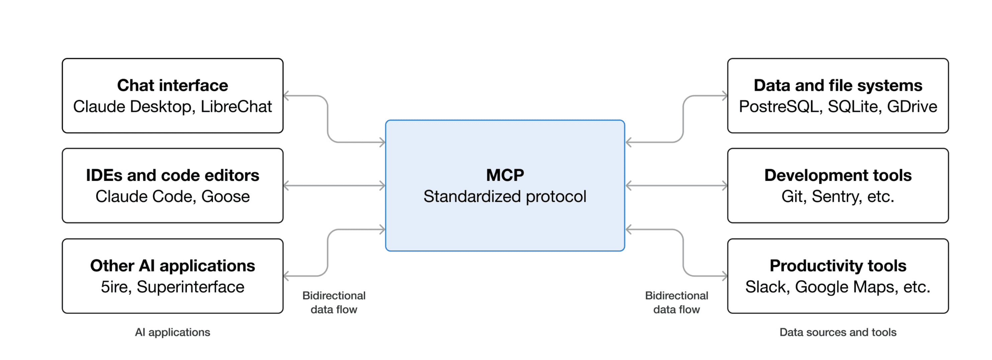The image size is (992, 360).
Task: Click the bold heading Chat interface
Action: pos(172,85)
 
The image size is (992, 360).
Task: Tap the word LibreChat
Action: pos(236,107)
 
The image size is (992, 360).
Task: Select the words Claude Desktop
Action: pos(132,107)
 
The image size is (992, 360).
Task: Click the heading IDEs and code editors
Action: pos(172,176)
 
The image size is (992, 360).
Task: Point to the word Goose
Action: pos(225,197)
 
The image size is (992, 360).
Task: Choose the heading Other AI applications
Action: pos(172,266)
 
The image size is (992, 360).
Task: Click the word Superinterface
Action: pos(190,287)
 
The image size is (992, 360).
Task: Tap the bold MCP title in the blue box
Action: pos(505,176)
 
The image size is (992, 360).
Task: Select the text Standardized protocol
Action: pos(505,197)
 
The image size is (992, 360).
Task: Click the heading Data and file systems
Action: pos(837,85)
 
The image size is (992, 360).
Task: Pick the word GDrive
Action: pos(912,107)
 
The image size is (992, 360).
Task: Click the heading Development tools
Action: pos(837,176)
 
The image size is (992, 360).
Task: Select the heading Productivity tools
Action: pos(837,266)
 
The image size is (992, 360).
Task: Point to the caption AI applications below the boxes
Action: pos(172,332)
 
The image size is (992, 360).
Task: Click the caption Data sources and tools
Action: pos(837,332)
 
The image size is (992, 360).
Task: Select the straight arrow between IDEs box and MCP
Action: pos(334,186)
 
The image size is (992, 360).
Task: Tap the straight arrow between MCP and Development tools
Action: pos(676,186)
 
